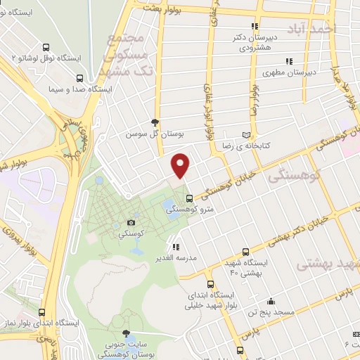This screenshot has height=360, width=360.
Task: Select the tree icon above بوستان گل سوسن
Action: click(165, 122)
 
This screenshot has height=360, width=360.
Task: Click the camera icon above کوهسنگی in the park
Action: click(131, 222)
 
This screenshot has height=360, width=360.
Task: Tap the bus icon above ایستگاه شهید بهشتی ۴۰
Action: click(245, 252)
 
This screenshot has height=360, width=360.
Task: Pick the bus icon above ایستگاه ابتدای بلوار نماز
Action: click(42, 312)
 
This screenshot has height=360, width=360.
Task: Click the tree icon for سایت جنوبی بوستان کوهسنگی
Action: click(126, 333)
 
